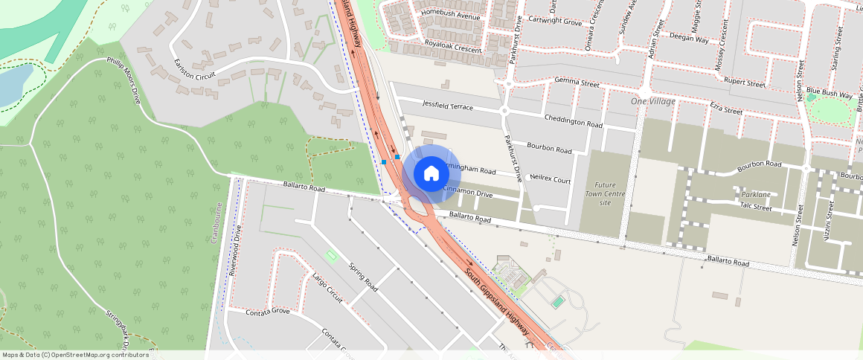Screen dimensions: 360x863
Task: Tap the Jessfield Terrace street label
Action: pos(447,106)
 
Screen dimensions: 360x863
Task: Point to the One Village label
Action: pos(652,101)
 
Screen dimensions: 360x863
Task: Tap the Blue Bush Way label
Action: pos(829,93)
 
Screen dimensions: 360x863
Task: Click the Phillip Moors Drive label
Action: pos(123,78)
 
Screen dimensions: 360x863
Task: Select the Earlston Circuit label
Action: pos(193,68)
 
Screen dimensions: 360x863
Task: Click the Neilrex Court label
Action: pos(550,180)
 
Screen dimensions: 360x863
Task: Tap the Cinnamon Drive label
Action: pos(468,193)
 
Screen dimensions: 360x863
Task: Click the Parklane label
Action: pos(756,195)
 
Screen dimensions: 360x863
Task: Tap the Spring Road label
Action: pos(363,277)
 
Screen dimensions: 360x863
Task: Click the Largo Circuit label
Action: pos(327,289)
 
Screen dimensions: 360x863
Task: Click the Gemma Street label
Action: pos(577,82)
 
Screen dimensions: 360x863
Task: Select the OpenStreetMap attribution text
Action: pos(74,355)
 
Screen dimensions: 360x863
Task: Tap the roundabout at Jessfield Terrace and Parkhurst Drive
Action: pos(504,112)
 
